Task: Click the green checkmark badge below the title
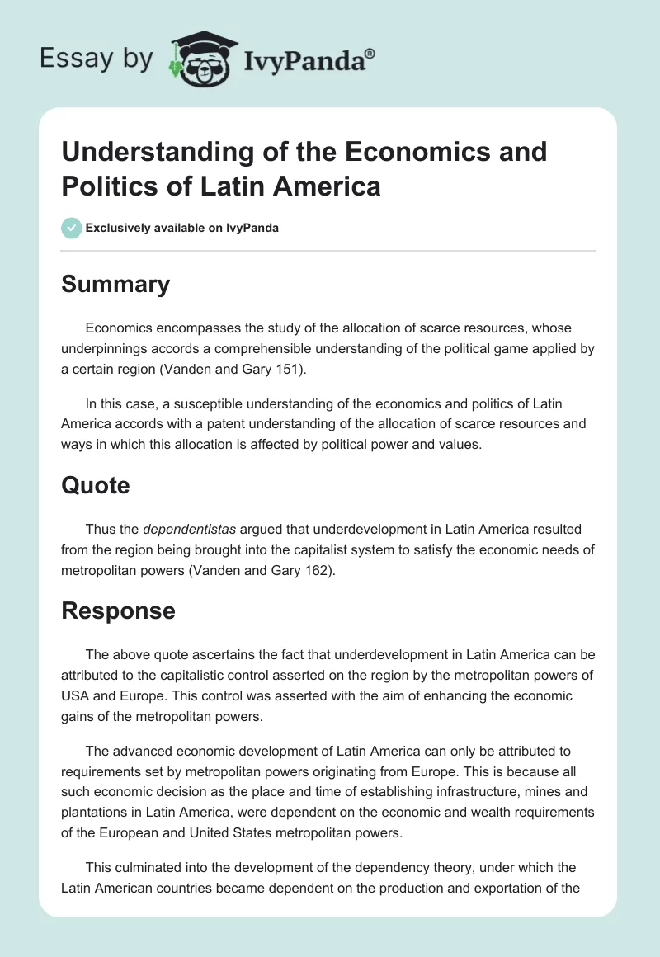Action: coord(71,228)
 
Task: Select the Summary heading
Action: coord(115,284)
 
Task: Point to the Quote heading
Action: coord(96,485)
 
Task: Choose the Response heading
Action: coord(118,610)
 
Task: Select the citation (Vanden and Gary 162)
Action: coord(266,570)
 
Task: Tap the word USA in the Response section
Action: coord(76,695)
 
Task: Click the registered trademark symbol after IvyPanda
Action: coord(370,53)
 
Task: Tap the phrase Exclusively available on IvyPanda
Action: coord(181,228)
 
